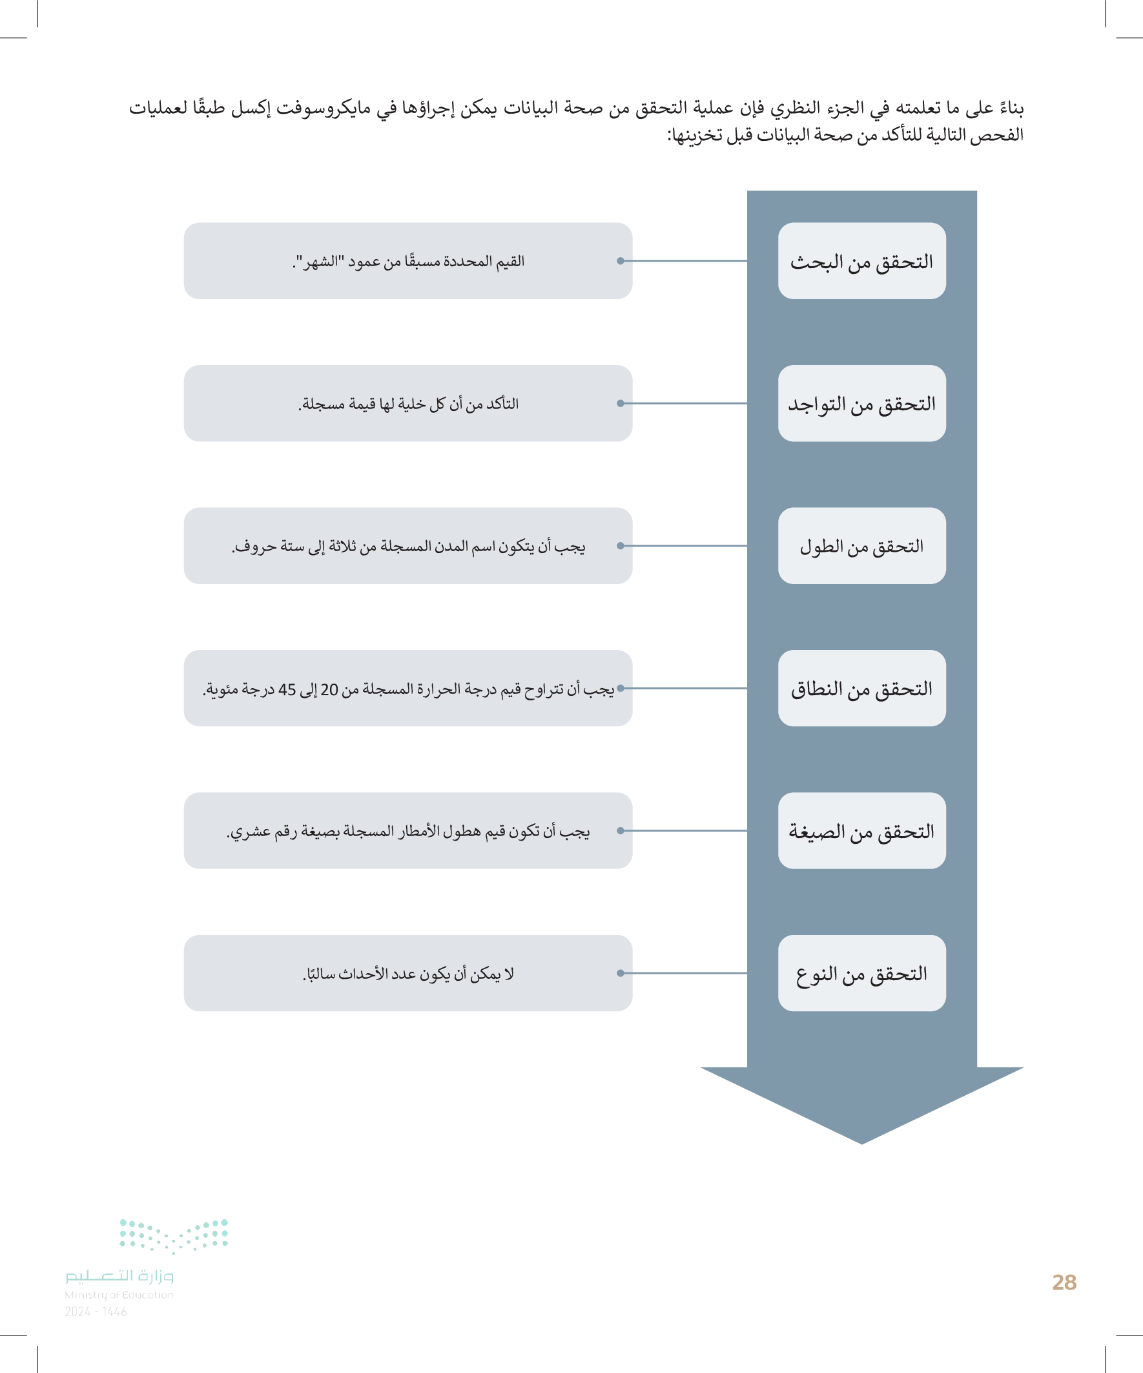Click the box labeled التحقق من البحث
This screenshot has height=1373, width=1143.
tap(861, 261)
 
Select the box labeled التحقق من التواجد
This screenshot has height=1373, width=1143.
tap(861, 403)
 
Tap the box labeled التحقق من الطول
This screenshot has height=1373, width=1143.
tap(861, 546)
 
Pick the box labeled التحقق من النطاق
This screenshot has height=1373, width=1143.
tap(861, 689)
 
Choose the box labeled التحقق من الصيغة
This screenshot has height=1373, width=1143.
tap(861, 831)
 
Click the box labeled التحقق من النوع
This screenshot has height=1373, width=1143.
tap(861, 974)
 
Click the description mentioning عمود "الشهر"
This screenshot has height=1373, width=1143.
tap(407, 262)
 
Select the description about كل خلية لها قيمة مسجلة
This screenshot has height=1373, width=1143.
tap(407, 404)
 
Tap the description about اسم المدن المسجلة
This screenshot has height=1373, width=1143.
tap(407, 546)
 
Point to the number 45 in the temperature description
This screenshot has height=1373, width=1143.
tap(287, 690)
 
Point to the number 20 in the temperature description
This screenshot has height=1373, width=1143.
tap(329, 690)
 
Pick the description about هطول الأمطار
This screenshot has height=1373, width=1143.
tap(407, 831)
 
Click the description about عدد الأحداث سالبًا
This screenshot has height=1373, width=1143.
tap(407, 974)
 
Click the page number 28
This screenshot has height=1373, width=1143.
tap(1064, 1282)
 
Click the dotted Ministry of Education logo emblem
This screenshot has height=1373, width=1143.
tap(174, 1235)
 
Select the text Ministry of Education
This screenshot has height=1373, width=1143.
tap(119, 1295)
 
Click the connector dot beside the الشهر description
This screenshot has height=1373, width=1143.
tap(620, 261)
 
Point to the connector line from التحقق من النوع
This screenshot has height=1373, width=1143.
tap(686, 974)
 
